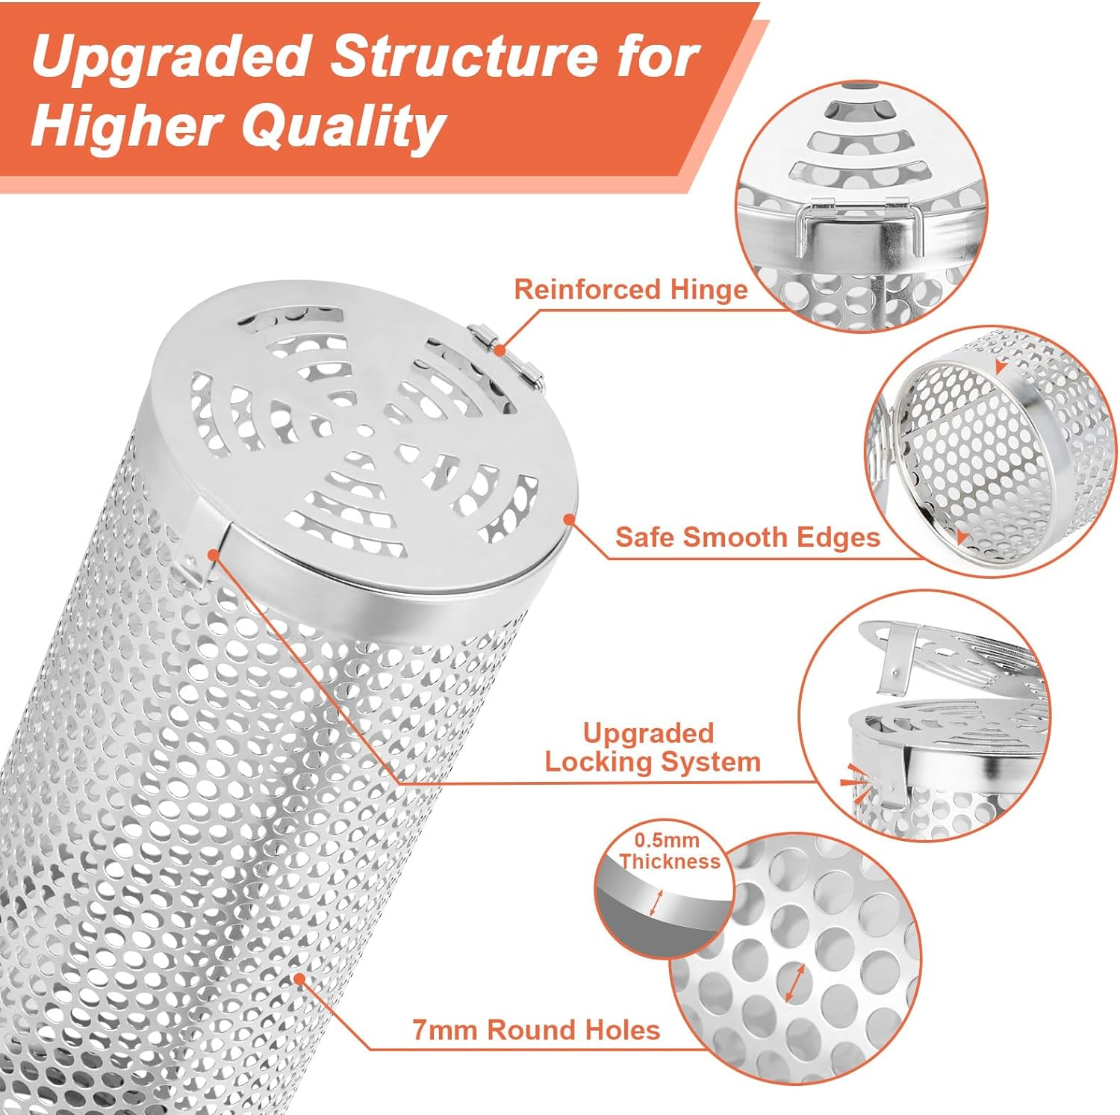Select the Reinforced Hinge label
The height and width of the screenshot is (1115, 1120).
(x=631, y=289)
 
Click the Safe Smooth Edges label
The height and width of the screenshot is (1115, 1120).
(x=747, y=537)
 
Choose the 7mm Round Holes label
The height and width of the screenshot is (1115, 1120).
(x=536, y=1030)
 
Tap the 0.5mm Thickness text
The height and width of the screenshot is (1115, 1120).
(x=669, y=851)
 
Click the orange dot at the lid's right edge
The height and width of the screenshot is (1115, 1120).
(x=570, y=518)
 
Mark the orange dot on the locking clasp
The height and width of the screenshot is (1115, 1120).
(x=214, y=554)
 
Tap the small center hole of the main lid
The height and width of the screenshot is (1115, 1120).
(x=364, y=430)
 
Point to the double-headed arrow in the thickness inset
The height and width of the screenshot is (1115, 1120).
(x=656, y=902)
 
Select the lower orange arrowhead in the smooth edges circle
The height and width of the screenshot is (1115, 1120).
(x=962, y=536)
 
